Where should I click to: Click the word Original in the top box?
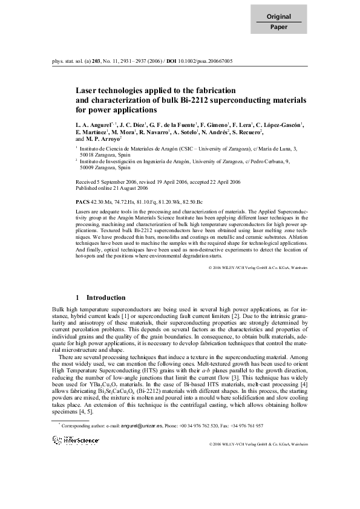[279, 17]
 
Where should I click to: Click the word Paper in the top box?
[279, 28]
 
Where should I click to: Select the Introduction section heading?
[106, 297]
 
